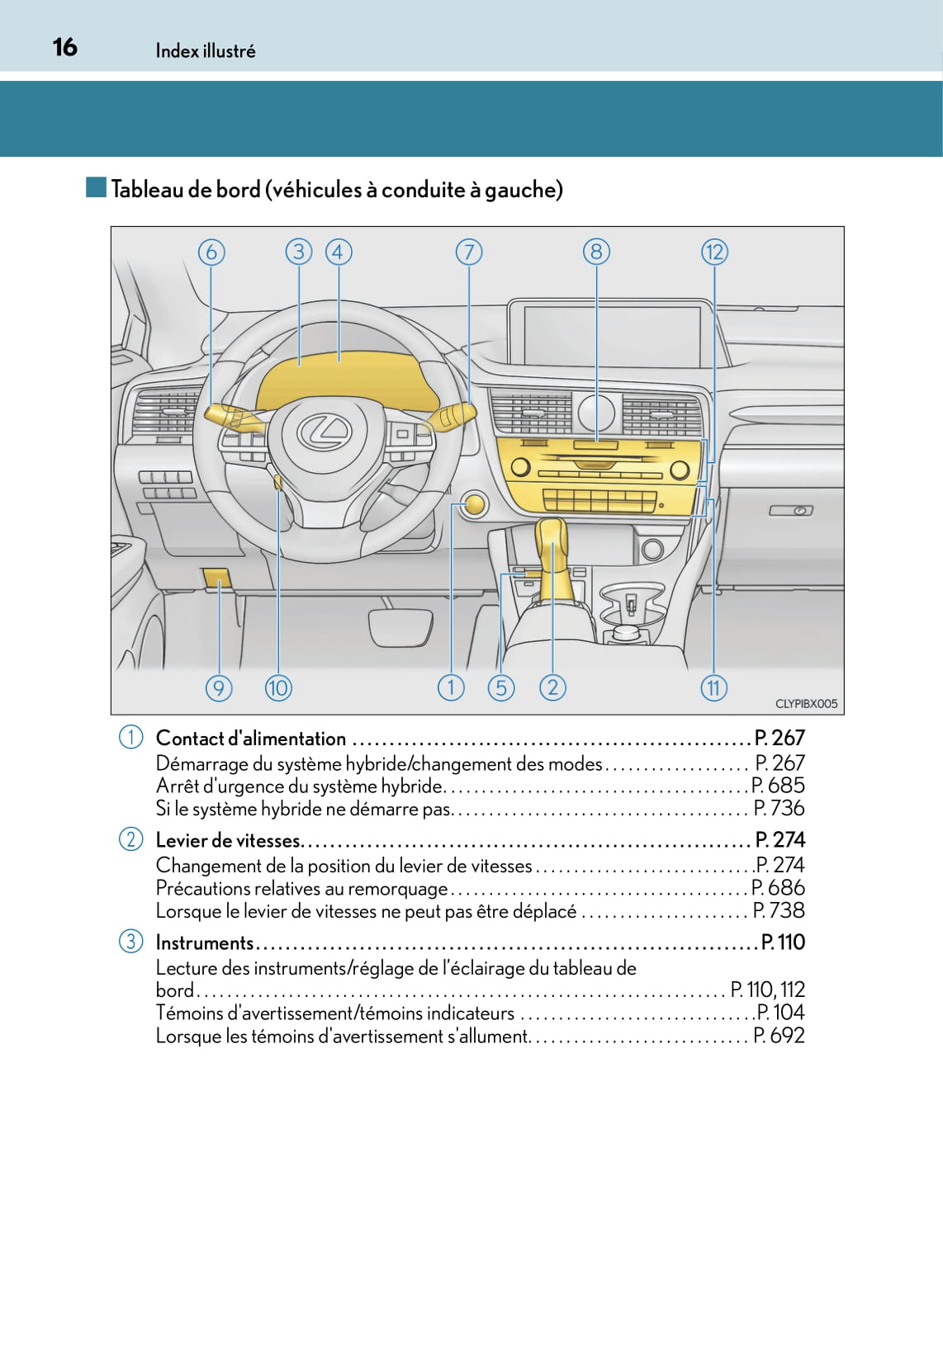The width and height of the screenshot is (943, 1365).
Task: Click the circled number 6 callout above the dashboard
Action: (211, 252)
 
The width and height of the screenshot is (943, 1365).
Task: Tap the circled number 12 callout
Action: (714, 252)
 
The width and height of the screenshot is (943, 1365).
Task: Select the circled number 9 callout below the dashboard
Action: (219, 687)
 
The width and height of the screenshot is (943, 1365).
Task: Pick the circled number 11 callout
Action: (713, 687)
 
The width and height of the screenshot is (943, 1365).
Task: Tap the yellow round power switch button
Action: (475, 504)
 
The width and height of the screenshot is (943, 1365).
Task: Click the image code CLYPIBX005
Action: (806, 704)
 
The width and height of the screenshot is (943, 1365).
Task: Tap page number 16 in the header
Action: (64, 47)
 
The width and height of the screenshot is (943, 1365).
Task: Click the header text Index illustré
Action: (206, 51)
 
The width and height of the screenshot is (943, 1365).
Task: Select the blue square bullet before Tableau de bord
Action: (96, 187)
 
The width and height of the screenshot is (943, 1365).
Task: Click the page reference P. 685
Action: (778, 786)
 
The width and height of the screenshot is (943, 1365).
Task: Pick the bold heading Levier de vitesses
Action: (228, 840)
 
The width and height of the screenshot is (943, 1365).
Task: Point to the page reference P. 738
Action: (779, 910)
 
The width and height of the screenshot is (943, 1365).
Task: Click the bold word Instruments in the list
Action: (205, 942)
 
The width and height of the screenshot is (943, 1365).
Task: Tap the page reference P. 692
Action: (779, 1035)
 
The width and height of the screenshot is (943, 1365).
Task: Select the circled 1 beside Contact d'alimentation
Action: (130, 737)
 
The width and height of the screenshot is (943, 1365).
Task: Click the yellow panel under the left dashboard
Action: (217, 579)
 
